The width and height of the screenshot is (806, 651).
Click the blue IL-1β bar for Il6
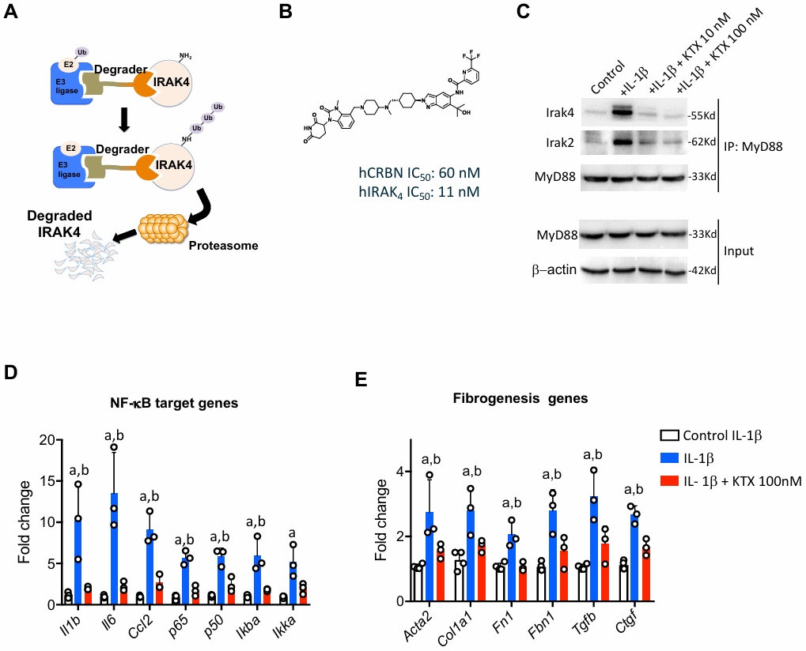point(114,549)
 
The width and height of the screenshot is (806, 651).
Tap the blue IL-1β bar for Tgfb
point(594,549)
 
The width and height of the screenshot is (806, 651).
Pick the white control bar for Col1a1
point(459,581)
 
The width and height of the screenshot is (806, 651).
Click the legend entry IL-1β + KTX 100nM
point(730,481)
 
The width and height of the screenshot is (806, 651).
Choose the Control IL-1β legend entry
point(710,436)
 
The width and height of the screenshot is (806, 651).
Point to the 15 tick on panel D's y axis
point(48,482)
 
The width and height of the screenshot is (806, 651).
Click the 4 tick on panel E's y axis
point(403,472)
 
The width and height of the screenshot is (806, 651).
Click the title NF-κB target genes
point(174,403)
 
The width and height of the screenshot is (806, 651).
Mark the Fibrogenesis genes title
point(520,398)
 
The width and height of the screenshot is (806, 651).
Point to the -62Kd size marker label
point(702,142)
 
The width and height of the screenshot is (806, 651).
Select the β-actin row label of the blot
point(554,269)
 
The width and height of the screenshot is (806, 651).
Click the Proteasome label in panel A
point(223,246)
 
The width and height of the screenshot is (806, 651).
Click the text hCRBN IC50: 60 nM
point(419,174)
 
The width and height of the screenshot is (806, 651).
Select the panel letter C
point(523,10)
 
